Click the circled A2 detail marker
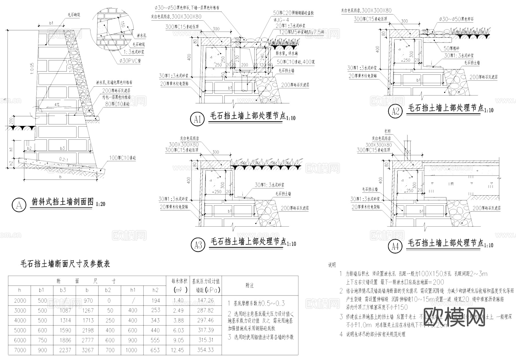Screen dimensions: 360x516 tap(395, 111)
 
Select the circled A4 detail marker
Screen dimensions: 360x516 tap(395, 246)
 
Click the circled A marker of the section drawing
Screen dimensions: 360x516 tap(19, 205)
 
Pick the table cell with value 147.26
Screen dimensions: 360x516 tap(206, 301)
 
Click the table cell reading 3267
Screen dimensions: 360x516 tap(87, 350)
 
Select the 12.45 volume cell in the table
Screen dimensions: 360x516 tap(178, 350)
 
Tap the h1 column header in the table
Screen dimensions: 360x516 tap(132, 290)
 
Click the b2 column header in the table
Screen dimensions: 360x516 tap(108, 290)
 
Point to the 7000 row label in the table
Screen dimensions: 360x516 tap(20, 350)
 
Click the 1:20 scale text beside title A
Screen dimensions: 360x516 tap(101, 204)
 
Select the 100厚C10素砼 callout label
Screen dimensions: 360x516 tap(122, 158)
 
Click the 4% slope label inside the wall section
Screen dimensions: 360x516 tap(57, 105)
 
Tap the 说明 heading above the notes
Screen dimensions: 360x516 tap(332, 265)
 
